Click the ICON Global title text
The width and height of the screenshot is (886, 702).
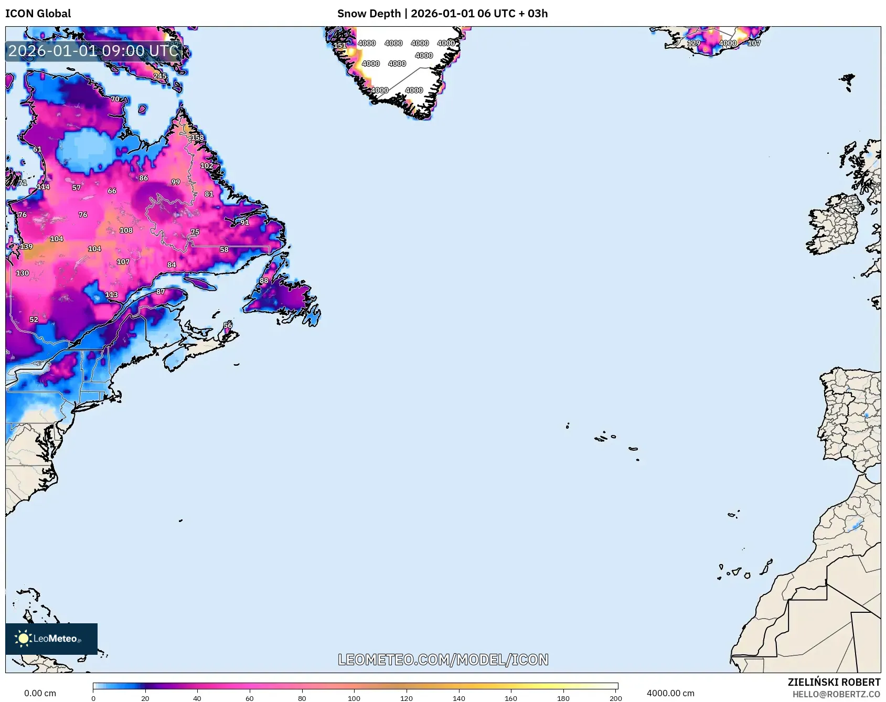[38, 14]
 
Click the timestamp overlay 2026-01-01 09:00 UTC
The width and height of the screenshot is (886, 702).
[93, 51]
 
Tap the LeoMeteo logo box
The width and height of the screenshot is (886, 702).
[51, 639]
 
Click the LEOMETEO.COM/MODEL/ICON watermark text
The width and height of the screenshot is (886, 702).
[443, 660]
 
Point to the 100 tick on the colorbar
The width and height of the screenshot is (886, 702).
[354, 698]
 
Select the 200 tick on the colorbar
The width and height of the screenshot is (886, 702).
[616, 698]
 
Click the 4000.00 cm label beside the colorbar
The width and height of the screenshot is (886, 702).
[670, 693]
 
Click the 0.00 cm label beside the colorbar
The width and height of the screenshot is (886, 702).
[40, 693]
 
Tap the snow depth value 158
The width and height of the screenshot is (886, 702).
[197, 137]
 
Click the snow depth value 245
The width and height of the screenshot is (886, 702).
[160, 76]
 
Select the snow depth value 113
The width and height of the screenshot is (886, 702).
[112, 295]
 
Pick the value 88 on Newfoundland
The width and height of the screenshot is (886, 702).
[264, 281]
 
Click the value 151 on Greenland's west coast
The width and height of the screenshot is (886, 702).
[340, 46]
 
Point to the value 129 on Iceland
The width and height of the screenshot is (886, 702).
[693, 43]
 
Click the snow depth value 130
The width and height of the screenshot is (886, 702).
[23, 273]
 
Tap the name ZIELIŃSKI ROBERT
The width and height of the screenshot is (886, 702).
[834, 682]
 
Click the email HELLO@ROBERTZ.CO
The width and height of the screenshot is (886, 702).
[836, 694]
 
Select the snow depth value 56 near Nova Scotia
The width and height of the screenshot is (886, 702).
[228, 325]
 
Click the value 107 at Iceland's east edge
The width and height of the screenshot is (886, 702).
[754, 43]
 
